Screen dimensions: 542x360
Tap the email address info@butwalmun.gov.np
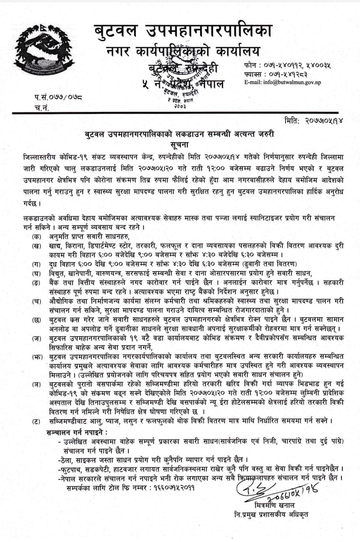point(282,82)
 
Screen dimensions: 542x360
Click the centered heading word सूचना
point(179,144)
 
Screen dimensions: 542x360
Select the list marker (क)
point(37,236)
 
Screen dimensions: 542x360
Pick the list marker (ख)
point(37,246)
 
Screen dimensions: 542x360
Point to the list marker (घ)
point(37,273)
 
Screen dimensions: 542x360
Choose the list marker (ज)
point(37,338)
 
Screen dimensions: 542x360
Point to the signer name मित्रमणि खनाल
point(274,505)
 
